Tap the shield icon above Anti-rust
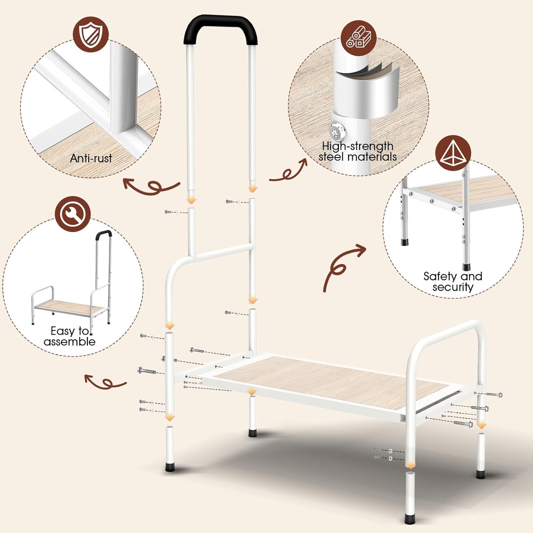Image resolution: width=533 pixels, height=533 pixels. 91,34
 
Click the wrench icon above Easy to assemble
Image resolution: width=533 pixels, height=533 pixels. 73,214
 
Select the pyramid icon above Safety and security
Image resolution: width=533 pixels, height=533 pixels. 453,153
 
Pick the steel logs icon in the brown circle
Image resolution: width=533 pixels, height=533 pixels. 359,38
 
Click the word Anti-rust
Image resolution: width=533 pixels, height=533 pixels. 91,159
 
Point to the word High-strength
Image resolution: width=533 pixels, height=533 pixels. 358,146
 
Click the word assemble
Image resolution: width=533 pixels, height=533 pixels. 69,341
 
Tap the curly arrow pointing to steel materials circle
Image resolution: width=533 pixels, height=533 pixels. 288,171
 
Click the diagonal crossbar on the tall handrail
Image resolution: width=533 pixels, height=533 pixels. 224,251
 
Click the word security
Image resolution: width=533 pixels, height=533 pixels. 453,287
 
